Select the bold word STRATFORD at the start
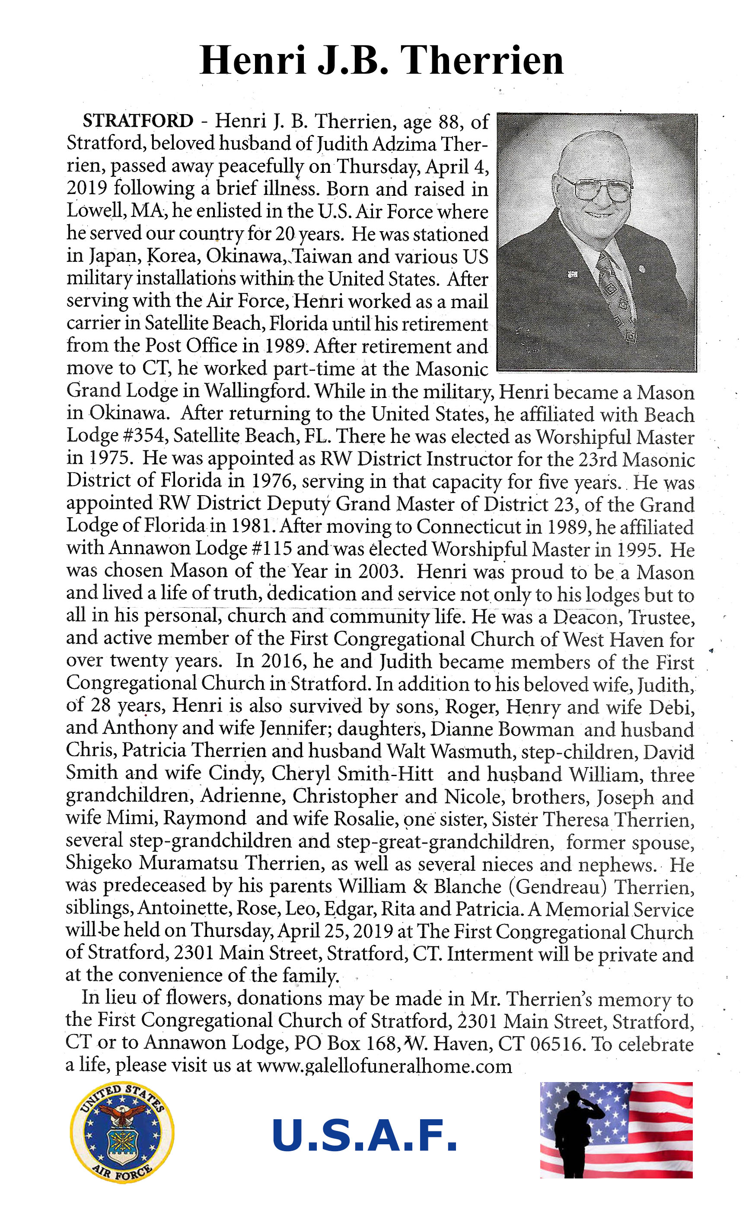138,121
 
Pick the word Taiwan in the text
322,257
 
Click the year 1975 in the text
111,458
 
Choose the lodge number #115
272,548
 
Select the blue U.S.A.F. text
364,1136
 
